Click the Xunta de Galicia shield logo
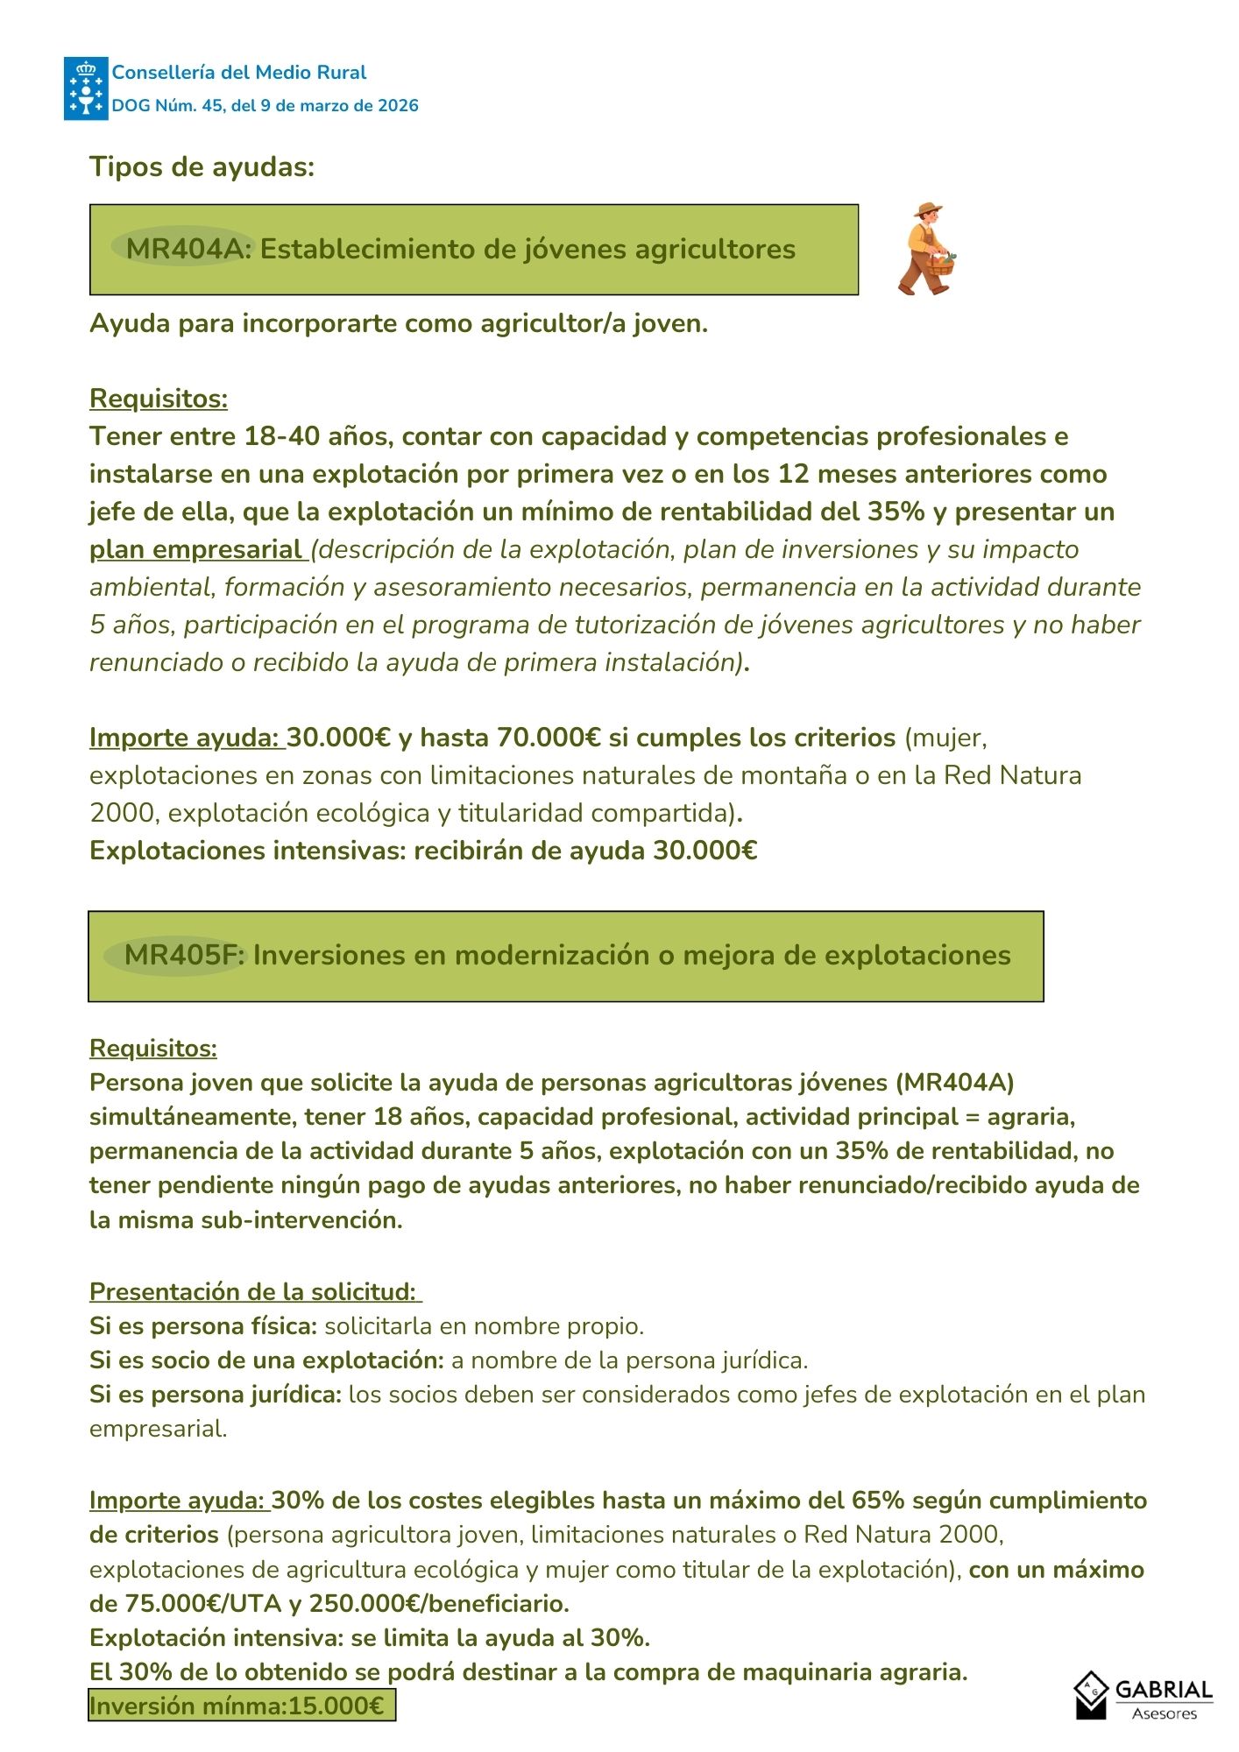click(x=86, y=88)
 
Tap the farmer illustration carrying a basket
click(x=927, y=250)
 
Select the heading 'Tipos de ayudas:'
click(x=202, y=166)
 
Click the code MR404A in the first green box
click(x=183, y=249)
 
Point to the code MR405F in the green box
click(x=181, y=955)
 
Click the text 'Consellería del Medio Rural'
click(x=239, y=73)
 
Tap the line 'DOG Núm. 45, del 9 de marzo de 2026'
click(x=265, y=106)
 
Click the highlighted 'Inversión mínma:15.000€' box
click(x=237, y=1706)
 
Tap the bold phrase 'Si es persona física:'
click(x=203, y=1326)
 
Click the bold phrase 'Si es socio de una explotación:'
click(x=266, y=1360)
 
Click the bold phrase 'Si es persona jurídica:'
click(x=216, y=1395)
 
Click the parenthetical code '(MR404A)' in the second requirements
click(x=954, y=1083)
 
